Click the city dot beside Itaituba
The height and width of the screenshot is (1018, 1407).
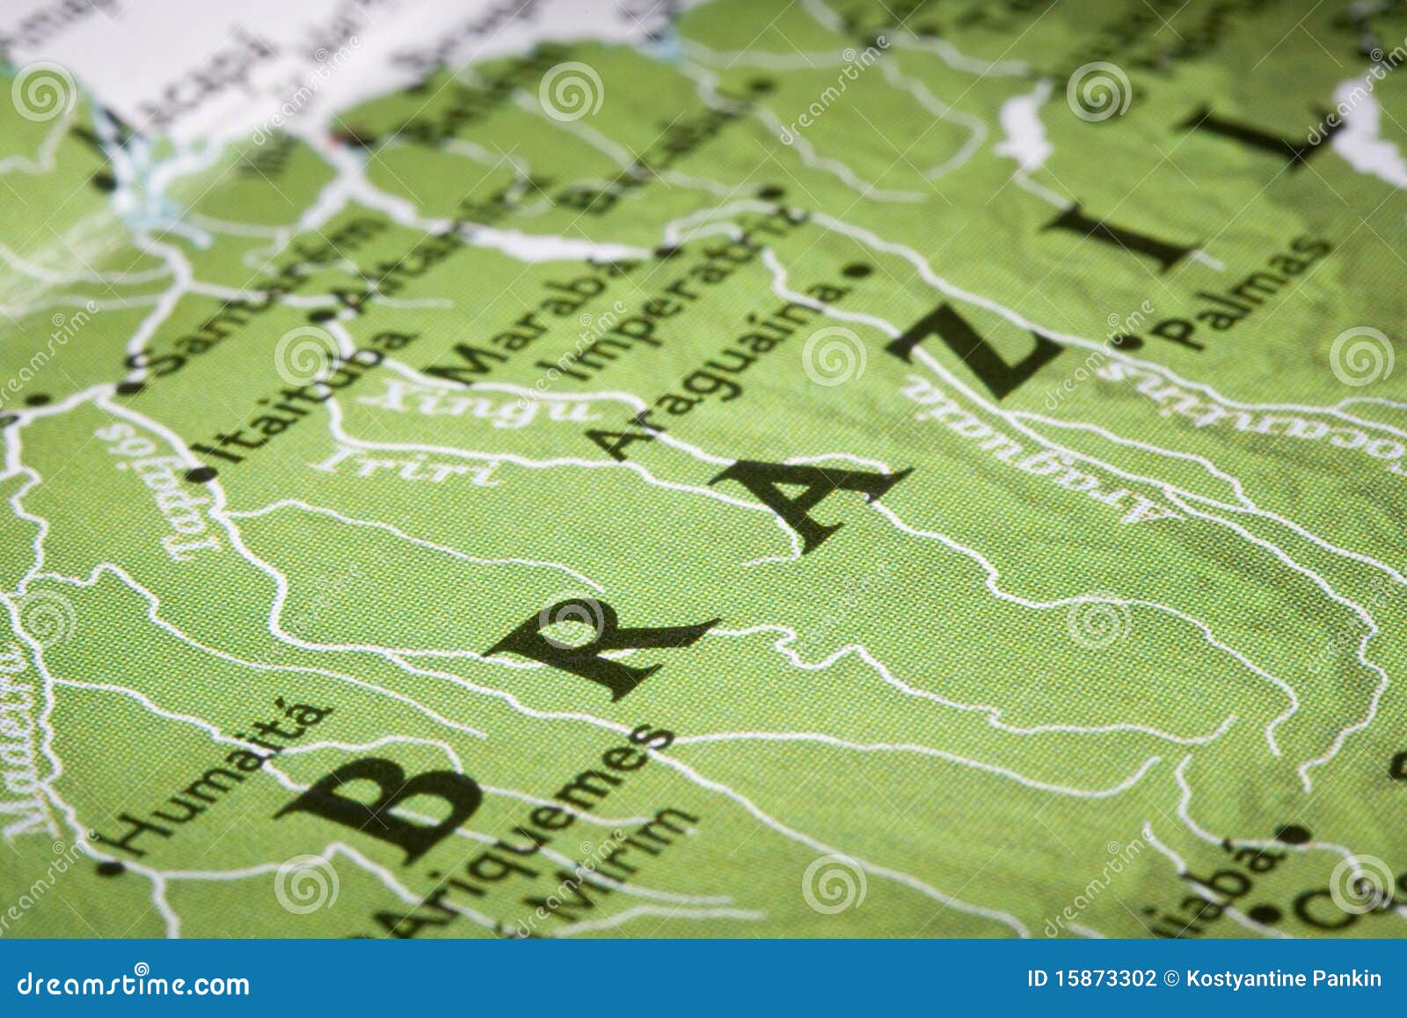tap(203, 475)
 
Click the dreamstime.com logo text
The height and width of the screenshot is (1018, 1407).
tap(132, 983)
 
